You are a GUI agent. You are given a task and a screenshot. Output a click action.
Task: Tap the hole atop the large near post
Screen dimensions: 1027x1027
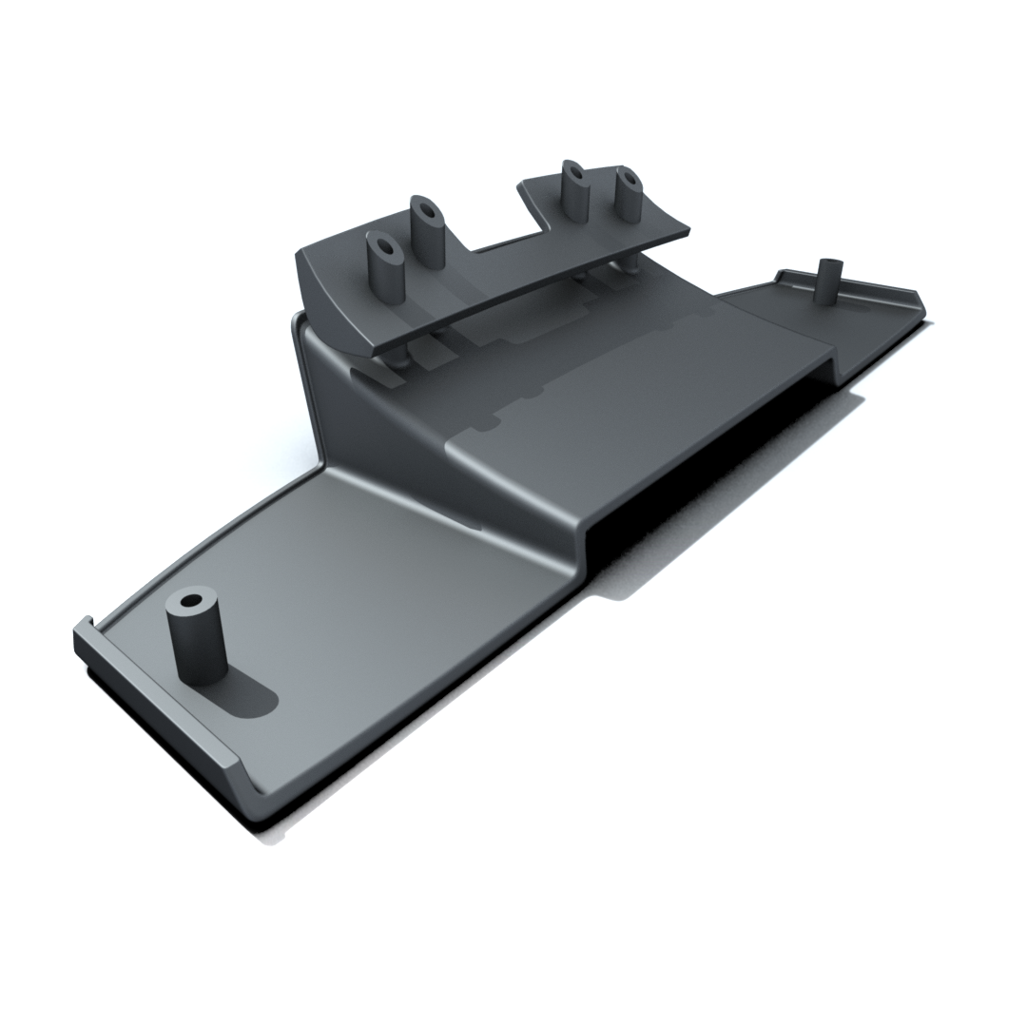tap(191, 602)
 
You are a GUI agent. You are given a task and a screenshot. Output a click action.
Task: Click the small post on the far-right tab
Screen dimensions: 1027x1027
tap(828, 281)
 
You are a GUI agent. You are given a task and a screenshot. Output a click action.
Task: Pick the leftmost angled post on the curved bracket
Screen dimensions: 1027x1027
tap(385, 271)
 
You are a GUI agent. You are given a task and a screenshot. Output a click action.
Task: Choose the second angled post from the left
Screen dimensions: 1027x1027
tap(428, 233)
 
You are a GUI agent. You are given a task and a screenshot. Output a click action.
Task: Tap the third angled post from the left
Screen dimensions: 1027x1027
tap(573, 195)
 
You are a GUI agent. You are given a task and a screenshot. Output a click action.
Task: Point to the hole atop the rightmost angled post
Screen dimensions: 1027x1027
tap(627, 178)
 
